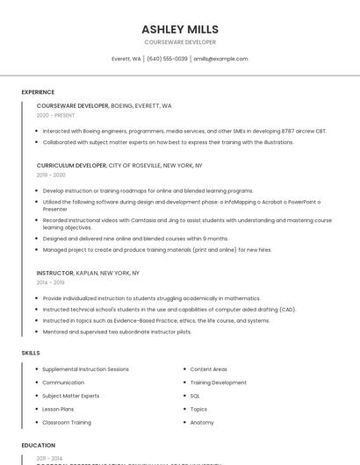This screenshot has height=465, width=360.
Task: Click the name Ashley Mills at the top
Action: click(180, 29)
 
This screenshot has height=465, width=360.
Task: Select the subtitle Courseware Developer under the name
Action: click(180, 42)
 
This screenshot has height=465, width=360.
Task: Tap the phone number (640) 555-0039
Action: click(167, 59)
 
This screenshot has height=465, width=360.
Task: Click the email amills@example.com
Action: click(220, 59)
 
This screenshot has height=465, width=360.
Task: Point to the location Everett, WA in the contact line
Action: click(126, 59)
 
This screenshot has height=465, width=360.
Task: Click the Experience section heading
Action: click(38, 92)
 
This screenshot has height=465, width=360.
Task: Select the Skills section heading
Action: click(31, 353)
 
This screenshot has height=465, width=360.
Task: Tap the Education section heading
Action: click(39, 446)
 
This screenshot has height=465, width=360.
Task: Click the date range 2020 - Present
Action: click(55, 115)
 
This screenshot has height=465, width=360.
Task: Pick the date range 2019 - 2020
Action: click(51, 175)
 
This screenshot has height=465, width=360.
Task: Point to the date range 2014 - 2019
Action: click(51, 283)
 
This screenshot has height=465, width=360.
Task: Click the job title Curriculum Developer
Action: click(71, 165)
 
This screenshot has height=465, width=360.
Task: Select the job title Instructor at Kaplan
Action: click(55, 273)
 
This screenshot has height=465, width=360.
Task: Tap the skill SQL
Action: click(195, 396)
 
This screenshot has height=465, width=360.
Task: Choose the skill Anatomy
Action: click(202, 422)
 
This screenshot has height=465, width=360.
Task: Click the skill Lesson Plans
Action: click(58, 409)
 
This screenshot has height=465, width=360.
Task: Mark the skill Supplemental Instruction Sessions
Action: click(85, 369)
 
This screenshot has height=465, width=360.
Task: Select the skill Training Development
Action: click(218, 383)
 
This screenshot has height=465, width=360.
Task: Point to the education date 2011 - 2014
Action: click(49, 459)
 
